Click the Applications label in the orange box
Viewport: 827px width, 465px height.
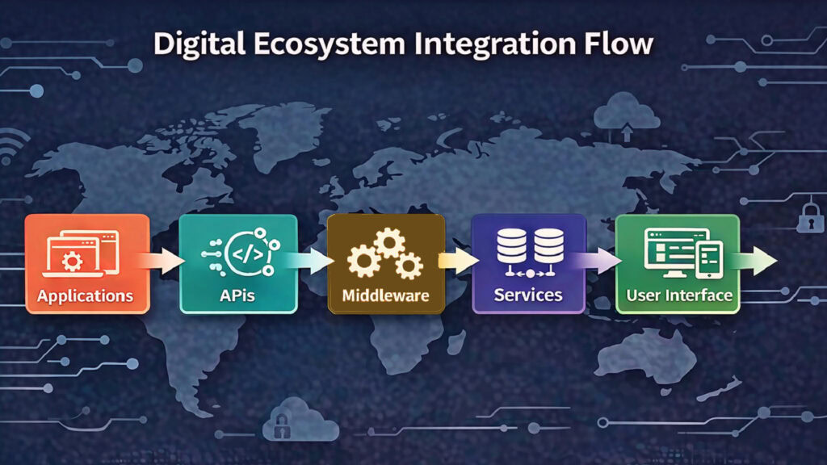point(85,295)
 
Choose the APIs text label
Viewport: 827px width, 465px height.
point(237,295)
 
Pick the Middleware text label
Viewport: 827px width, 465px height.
point(385,295)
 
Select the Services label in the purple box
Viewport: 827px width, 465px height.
point(528,295)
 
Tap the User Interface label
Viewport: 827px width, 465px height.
point(678,295)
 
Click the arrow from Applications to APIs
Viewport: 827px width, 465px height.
point(165,260)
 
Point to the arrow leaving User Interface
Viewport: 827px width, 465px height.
point(759,260)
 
